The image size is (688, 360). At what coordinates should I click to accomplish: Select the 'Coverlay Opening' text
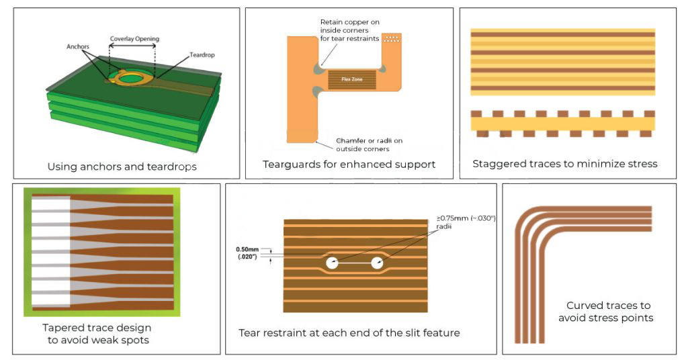click(x=134, y=39)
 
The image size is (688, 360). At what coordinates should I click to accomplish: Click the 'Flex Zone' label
click(x=353, y=79)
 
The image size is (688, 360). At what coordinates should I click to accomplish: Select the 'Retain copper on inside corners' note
click(x=349, y=30)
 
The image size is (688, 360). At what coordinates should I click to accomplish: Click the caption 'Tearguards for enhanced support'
click(x=349, y=165)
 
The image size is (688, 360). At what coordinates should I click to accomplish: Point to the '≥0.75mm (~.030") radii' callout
click(x=466, y=222)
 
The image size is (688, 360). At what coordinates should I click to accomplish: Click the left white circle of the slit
click(x=332, y=263)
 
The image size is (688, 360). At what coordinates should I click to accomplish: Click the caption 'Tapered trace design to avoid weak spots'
click(x=97, y=333)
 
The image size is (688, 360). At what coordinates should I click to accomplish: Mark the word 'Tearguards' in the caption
click(x=292, y=165)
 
